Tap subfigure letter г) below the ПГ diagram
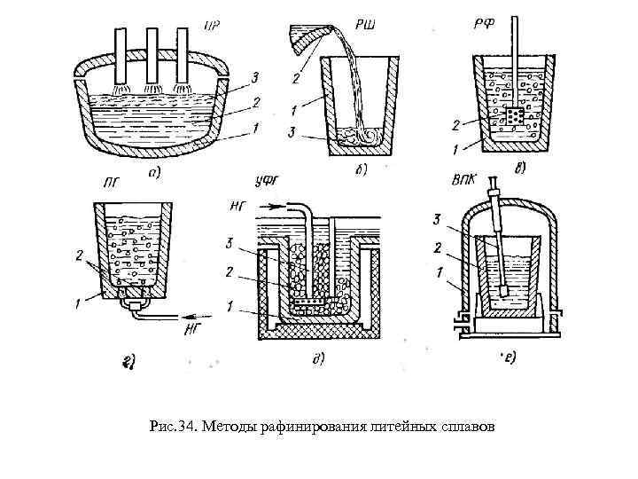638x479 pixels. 128,358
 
